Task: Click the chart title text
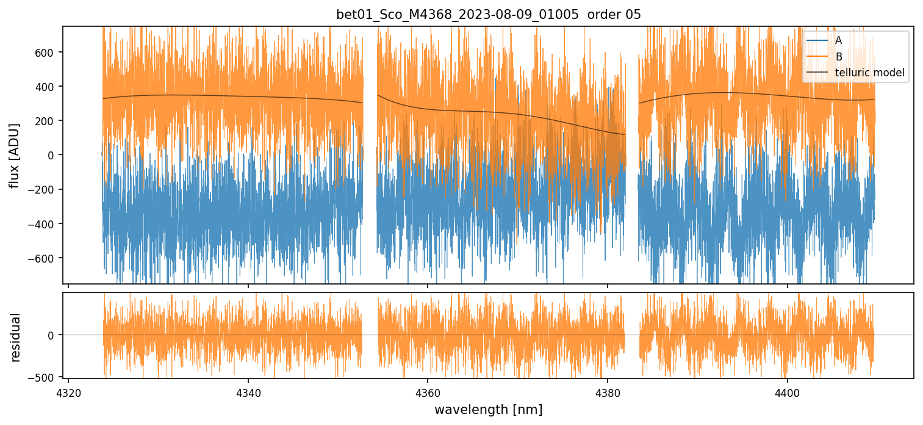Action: pyautogui.click(x=489, y=15)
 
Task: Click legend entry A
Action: pyautogui.click(x=839, y=40)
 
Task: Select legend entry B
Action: pyautogui.click(x=839, y=57)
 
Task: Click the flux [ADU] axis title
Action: pyautogui.click(x=15, y=155)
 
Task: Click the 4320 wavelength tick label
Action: pyautogui.click(x=68, y=391)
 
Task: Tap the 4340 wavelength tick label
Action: pyautogui.click(x=248, y=391)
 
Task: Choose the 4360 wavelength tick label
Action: pyautogui.click(x=428, y=391)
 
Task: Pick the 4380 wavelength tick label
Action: pyautogui.click(x=608, y=391)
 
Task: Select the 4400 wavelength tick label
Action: pyautogui.click(x=787, y=391)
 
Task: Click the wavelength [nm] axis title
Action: pyautogui.click(x=488, y=409)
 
